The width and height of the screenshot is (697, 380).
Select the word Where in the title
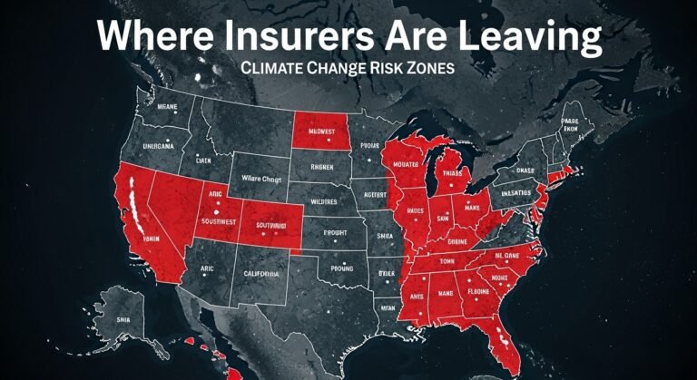tap(146, 38)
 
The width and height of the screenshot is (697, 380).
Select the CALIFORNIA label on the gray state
tap(264, 271)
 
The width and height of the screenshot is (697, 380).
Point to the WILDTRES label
tap(323, 200)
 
